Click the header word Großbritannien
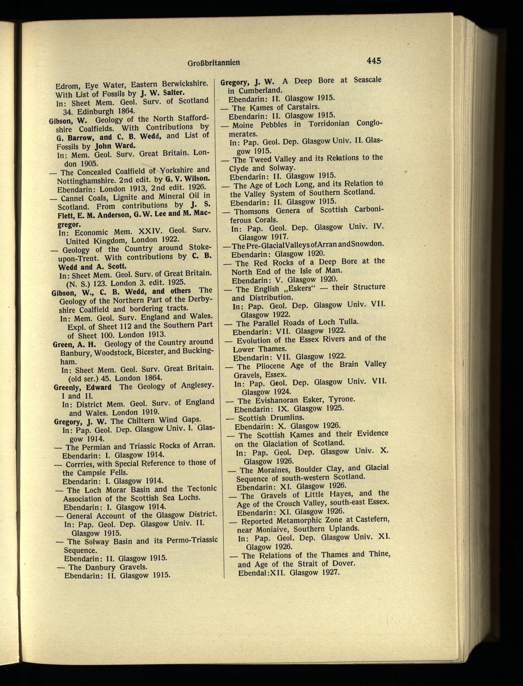(214, 63)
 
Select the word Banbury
(76, 353)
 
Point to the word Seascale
(367, 80)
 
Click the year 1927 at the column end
(330, 572)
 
